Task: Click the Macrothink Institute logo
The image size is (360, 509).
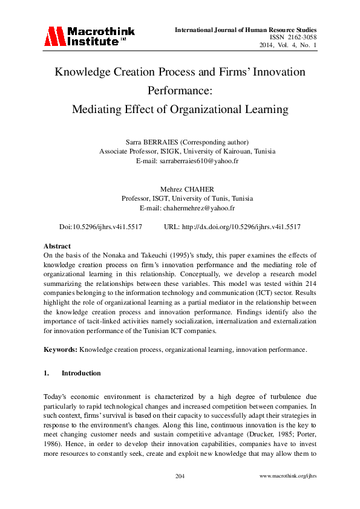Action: coord(90,36)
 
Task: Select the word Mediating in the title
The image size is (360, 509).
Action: coord(99,109)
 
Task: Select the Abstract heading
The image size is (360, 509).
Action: coord(57,247)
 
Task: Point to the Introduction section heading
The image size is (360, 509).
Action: coord(81,373)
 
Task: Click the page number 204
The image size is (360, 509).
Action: coord(180,477)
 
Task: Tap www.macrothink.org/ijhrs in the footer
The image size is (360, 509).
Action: coord(288,477)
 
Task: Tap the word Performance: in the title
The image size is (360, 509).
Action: coord(180,91)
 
